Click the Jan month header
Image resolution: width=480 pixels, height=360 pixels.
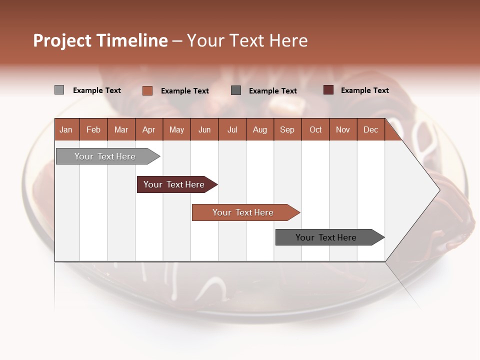click(x=66, y=130)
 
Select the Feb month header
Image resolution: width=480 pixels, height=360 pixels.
click(x=93, y=130)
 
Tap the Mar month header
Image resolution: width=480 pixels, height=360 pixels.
click(x=121, y=130)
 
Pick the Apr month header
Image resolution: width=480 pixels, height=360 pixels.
click(x=149, y=130)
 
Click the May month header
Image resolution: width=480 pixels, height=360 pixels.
click(x=176, y=130)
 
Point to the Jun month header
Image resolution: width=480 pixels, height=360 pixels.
click(x=204, y=130)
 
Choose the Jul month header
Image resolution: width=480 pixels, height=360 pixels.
click(x=232, y=130)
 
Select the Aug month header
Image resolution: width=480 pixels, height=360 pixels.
click(x=260, y=130)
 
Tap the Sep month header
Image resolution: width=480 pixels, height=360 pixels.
click(x=287, y=130)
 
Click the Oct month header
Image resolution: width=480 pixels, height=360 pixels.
click(x=315, y=130)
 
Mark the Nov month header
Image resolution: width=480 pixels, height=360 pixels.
click(x=343, y=130)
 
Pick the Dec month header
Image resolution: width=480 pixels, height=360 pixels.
click(x=371, y=130)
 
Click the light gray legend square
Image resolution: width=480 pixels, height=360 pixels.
click(x=59, y=90)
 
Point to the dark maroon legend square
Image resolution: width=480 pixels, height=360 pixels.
click(x=328, y=90)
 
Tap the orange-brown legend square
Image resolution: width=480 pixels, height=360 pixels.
click(x=147, y=90)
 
